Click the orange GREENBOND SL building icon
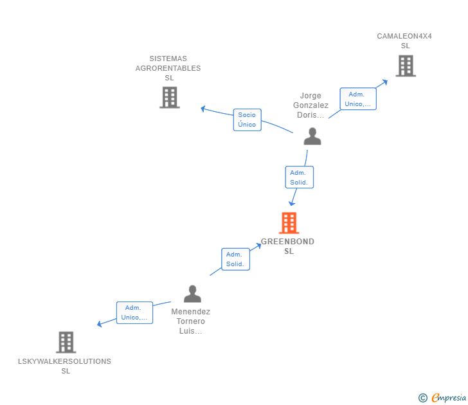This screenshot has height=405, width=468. coord(289,222)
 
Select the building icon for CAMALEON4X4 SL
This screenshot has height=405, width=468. coord(406,66)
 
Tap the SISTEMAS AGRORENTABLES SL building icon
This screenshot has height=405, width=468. coord(170,97)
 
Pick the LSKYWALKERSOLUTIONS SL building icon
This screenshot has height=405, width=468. coord(66,342)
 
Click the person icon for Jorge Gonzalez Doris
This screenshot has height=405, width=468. coord(312,136)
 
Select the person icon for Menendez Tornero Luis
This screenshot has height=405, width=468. coord(192,294)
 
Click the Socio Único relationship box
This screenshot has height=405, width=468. coord(247,120)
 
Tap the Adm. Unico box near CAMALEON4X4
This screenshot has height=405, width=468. coord(358,99)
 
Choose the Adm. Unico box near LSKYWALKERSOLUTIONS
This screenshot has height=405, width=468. coord(134,312)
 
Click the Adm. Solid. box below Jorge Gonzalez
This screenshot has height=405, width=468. coord(299,177)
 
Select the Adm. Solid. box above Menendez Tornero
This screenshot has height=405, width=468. coord(235,259)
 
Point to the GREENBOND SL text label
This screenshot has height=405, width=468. coord(288,246)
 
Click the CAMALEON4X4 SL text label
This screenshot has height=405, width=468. coord(404,41)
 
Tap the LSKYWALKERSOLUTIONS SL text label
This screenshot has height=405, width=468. coord(64,366)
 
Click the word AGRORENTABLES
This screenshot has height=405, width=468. coord(168,68)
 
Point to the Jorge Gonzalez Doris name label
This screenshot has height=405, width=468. coord(310,105)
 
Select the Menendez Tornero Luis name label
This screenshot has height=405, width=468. coord(191,321)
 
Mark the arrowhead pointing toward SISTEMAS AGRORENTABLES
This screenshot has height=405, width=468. coord(203,109)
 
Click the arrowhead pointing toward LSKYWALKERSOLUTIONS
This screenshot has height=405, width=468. coord(100,324)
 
